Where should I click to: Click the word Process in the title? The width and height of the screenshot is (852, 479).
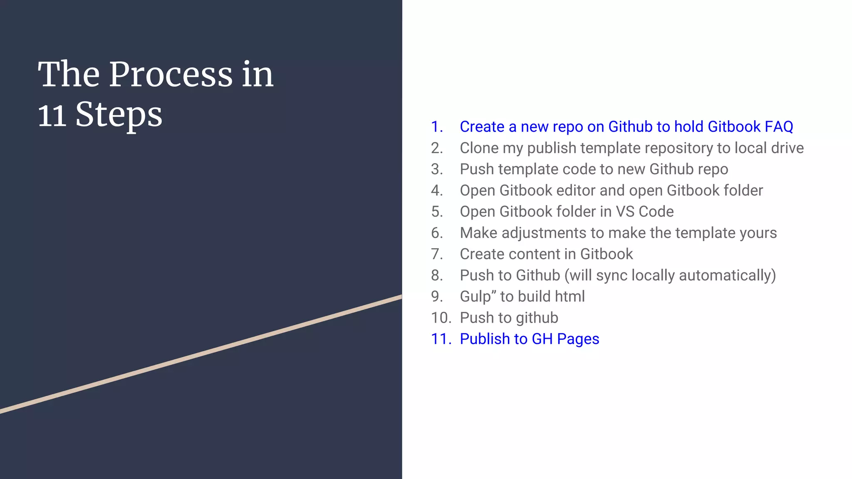[171, 75]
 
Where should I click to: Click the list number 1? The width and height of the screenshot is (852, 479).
[436, 127]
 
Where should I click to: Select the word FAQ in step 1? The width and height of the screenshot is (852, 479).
[779, 127]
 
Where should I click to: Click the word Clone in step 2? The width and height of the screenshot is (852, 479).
[479, 148]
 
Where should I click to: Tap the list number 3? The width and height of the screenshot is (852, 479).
[436, 169]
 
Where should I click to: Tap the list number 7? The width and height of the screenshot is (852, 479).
[436, 254]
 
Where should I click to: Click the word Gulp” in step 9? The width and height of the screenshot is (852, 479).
[478, 297]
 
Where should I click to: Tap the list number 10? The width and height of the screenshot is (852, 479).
[441, 318]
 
